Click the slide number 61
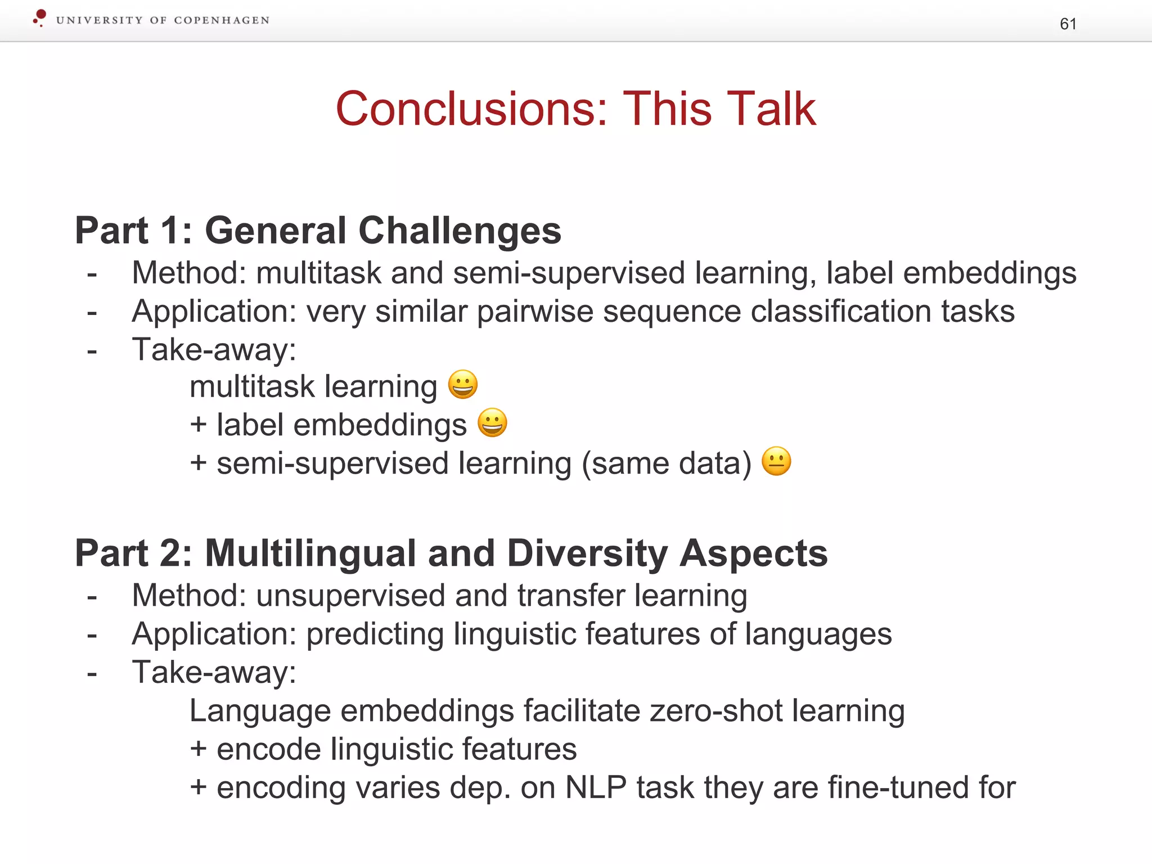[x=1068, y=24]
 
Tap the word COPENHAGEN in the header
[x=222, y=20]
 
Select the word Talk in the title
[x=770, y=109]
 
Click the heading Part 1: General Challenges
[x=318, y=231]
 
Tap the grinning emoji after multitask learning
[x=463, y=385]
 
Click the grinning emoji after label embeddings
[x=492, y=422]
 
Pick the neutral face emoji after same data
[x=776, y=461]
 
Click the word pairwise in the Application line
[x=535, y=311]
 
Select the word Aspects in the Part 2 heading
[x=753, y=553]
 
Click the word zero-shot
[x=715, y=710]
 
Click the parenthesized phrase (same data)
[x=667, y=463]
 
